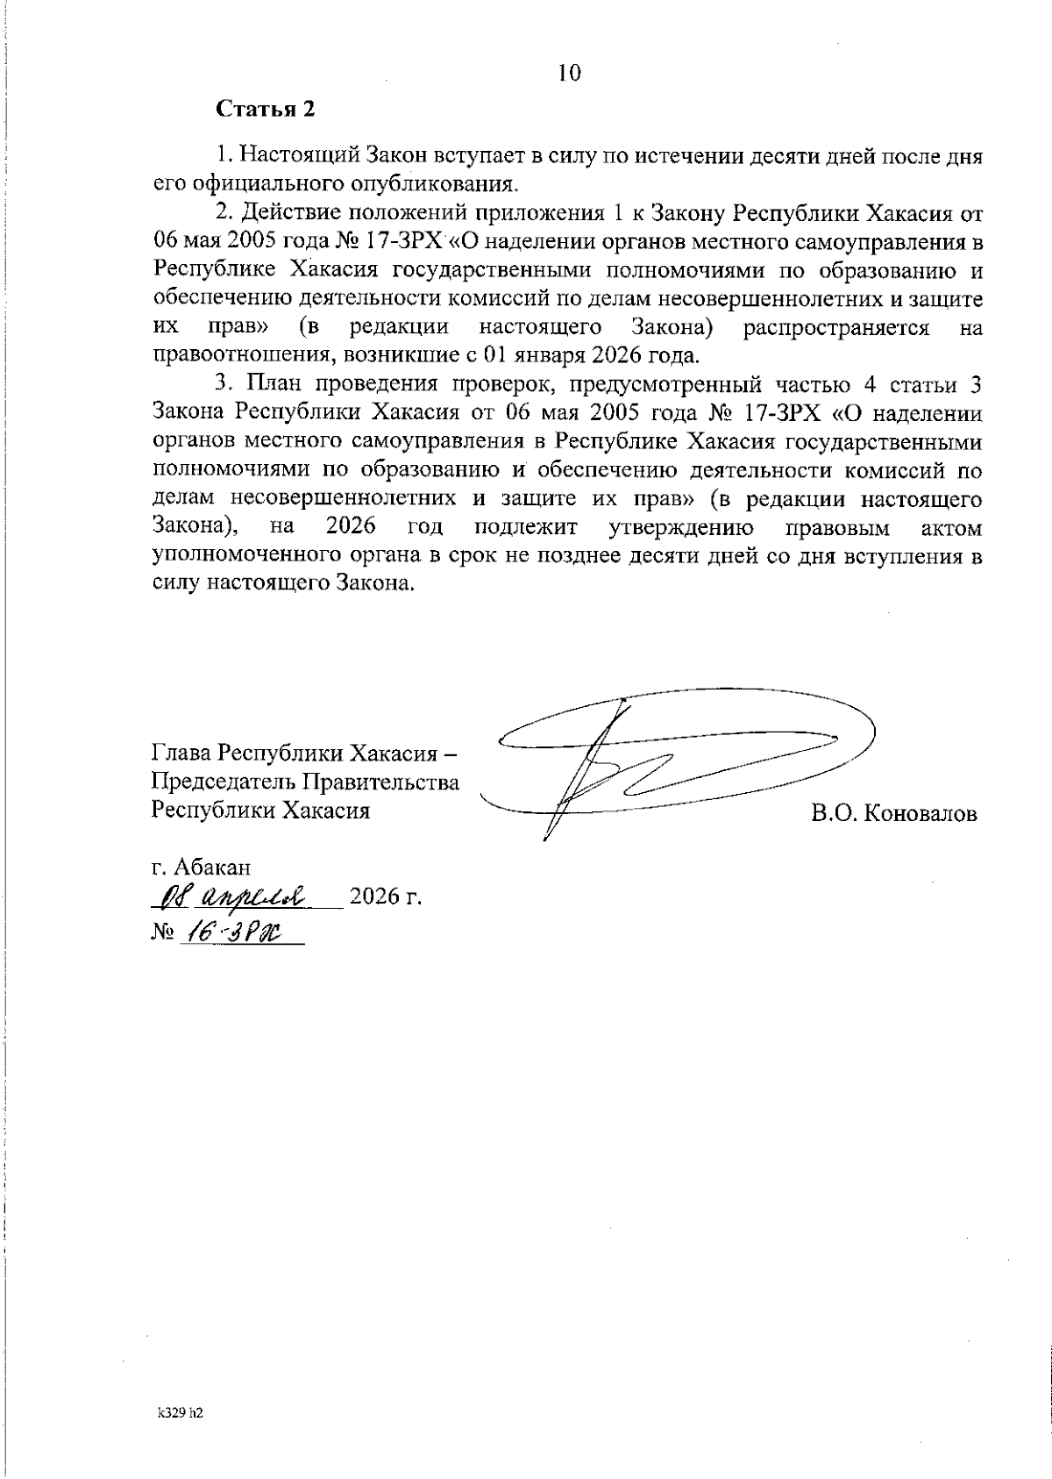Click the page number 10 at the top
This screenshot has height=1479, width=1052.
[569, 73]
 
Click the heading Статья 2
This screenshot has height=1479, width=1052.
[265, 111]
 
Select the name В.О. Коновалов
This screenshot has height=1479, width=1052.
[893, 813]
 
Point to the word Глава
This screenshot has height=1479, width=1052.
[180, 754]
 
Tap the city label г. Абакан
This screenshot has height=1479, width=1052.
[201, 867]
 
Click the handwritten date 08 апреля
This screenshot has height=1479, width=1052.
[228, 897]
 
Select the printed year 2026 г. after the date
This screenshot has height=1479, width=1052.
[386, 897]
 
